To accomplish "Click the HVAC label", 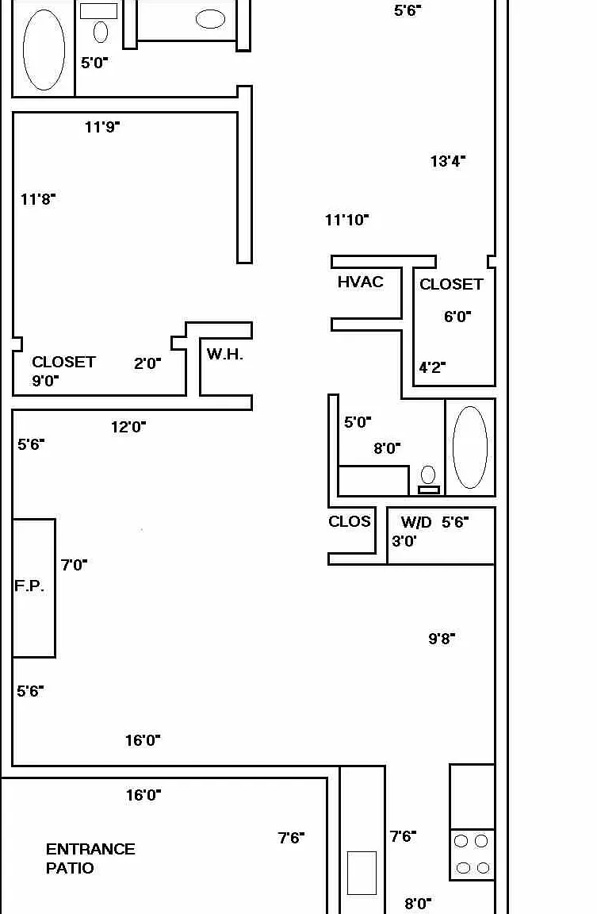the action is (361, 282).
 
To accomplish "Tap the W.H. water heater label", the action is (225, 354).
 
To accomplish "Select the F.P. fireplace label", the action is (29, 586).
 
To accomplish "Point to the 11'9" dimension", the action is (102, 126).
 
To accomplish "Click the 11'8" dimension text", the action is (38, 199).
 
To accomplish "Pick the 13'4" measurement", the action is (448, 161).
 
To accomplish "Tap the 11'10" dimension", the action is (347, 220).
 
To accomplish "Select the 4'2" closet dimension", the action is (432, 367).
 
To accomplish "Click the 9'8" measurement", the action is (442, 639).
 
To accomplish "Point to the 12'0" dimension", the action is (128, 428).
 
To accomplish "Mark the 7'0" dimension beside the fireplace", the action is (74, 565).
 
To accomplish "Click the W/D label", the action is (416, 522).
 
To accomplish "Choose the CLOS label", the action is (350, 521).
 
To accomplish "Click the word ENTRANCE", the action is (91, 849).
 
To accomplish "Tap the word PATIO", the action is (70, 868).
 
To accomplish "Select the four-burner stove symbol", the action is (473, 854).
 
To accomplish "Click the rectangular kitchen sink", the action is (362, 873).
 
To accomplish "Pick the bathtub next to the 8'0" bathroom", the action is (470, 447).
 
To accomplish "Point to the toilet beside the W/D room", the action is (429, 480).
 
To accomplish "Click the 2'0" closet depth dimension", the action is (147, 363).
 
